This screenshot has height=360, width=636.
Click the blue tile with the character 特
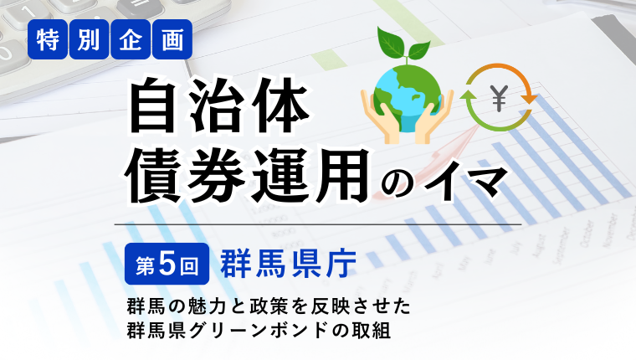tap(48, 39)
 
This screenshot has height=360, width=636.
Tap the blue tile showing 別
tap(89, 39)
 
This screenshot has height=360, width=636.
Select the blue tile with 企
tap(131, 39)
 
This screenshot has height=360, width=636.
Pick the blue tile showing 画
tap(172, 39)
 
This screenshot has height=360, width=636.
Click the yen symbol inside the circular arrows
tap(499, 98)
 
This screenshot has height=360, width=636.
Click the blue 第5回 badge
tap(167, 264)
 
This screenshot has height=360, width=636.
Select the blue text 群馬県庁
tap(289, 264)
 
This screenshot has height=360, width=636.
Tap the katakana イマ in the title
tap(465, 182)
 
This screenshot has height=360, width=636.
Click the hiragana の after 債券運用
tap(397, 183)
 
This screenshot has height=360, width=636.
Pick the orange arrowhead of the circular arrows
tap(529, 99)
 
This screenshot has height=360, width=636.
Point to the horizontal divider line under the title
tap(318, 224)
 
